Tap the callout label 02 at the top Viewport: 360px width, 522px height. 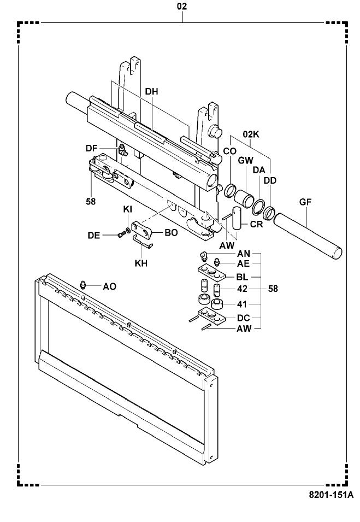tap(182, 7)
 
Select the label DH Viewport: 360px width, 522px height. tap(151, 92)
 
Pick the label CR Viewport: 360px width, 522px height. tap(257, 224)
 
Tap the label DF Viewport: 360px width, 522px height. tap(91, 148)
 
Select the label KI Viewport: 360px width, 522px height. tap(127, 209)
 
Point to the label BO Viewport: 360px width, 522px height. tap(171, 232)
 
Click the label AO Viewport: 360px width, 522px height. tap(109, 286)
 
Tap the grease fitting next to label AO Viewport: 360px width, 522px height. tap(83, 284)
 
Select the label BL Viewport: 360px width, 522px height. tap(244, 277)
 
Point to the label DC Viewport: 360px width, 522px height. tap(244, 317)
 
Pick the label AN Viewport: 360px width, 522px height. tap(244, 254)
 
